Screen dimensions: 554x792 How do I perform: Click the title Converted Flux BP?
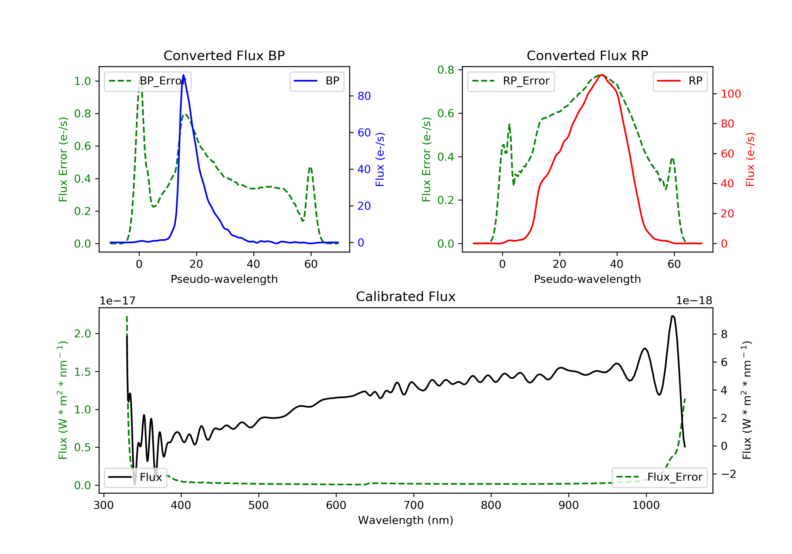(224, 55)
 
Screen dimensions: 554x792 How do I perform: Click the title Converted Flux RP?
(587, 55)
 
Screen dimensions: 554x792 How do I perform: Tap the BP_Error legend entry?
(147, 81)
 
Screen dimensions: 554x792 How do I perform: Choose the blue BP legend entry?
(317, 81)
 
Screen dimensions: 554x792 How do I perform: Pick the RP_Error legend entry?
(511, 81)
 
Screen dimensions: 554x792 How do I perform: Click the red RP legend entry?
(680, 81)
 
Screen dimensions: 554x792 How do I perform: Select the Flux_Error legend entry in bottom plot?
(659, 477)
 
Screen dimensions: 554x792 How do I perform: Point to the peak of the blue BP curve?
(183, 75)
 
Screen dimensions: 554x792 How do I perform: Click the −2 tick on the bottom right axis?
(728, 474)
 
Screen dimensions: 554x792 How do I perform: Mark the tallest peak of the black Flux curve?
(673, 316)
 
